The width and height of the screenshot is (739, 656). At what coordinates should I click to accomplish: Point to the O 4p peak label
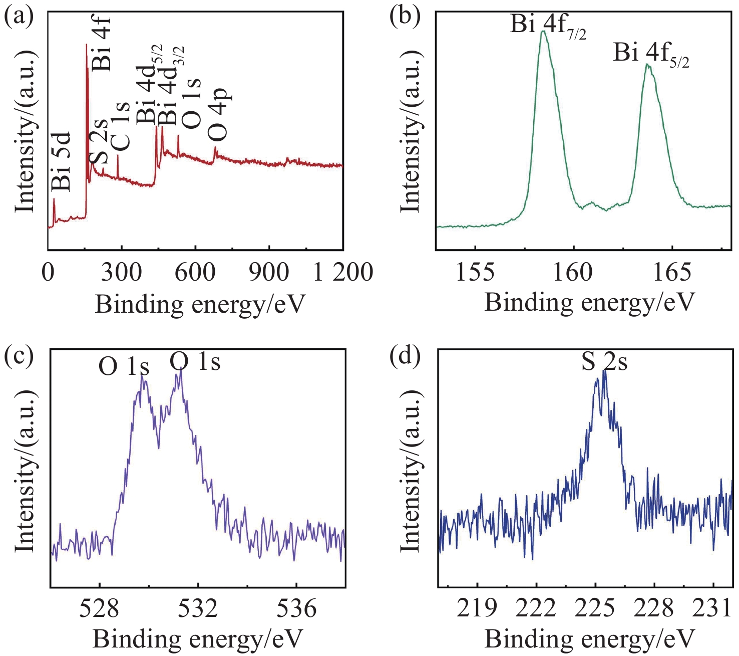coord(218,115)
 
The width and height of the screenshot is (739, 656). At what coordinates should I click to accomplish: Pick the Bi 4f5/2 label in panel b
coord(651,54)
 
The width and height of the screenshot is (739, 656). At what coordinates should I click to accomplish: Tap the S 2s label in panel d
coord(604,362)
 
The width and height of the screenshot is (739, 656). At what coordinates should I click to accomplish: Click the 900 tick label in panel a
coord(269,272)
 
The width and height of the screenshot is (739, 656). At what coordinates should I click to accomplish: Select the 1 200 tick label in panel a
coord(343,272)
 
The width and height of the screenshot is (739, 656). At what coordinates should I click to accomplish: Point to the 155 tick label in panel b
coord(475,272)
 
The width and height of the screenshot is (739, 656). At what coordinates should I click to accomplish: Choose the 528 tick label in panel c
coord(100,608)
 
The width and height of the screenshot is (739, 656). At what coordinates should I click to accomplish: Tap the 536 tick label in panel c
coord(296,608)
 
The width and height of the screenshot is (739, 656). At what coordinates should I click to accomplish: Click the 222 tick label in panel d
coord(536,608)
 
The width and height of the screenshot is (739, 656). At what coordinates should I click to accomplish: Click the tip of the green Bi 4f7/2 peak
coord(543,31)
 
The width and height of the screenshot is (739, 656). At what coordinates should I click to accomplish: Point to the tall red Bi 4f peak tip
coord(87,45)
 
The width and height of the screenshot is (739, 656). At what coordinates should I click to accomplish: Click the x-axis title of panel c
coord(198,639)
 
